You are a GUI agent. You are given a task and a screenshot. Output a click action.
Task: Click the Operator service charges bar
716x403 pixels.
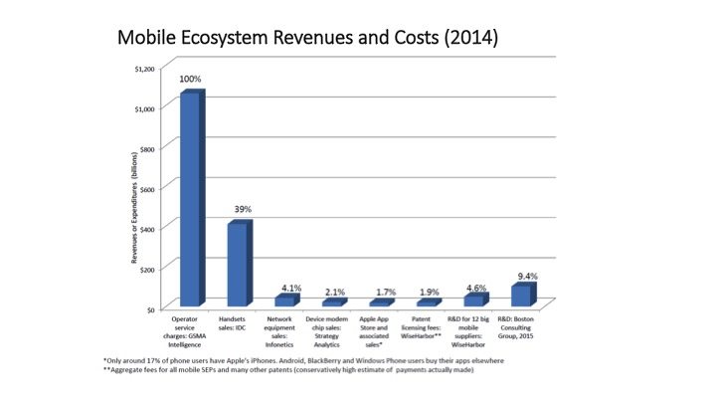point(189,199)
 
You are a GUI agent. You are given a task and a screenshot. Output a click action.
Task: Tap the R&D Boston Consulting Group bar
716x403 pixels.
point(521,295)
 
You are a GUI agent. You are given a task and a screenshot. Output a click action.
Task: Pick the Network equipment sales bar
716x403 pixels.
point(284,300)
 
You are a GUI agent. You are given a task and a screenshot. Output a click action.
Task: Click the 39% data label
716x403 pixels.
point(242,210)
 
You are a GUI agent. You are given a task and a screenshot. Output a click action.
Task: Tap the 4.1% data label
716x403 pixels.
point(289,287)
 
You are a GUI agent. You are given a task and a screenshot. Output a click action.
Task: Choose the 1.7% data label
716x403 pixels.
point(385,293)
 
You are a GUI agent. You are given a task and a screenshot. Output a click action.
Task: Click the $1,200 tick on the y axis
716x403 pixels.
point(145,69)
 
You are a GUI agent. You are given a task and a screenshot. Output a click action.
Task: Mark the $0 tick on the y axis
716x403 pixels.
point(151,309)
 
